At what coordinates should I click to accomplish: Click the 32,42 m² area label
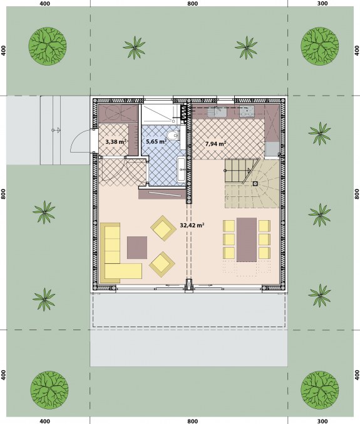(192, 225)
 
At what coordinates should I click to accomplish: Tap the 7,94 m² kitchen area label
(215, 144)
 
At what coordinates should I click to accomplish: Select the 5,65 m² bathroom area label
(156, 141)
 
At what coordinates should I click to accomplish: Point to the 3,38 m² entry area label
(116, 141)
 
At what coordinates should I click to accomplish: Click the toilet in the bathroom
(173, 135)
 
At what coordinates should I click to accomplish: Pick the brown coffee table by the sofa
(137, 248)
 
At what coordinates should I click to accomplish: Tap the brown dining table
(246, 240)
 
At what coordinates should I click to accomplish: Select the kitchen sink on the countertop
(217, 111)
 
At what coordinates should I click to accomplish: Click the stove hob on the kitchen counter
(247, 111)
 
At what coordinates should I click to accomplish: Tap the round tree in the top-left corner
(48, 46)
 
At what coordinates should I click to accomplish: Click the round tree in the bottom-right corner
(320, 390)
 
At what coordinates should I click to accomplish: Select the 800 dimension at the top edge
(192, 4)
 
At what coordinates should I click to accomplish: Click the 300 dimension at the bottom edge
(322, 421)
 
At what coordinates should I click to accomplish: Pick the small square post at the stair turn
(255, 184)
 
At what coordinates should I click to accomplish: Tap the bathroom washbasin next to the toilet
(182, 169)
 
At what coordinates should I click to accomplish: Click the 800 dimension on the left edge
(4, 194)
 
